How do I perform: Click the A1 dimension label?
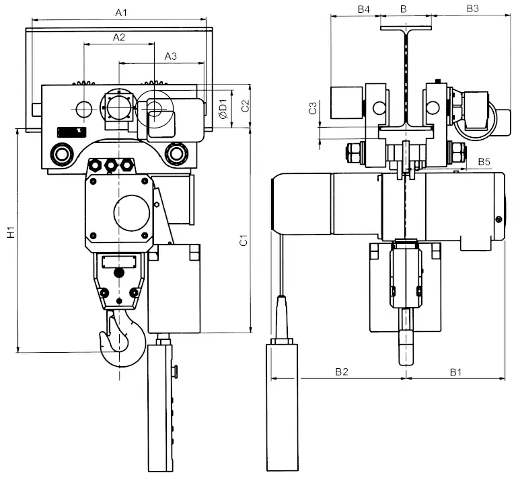coord(121,12)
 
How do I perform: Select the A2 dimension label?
coord(118,38)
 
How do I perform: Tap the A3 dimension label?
coord(171,57)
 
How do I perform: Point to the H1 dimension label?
coord(11,233)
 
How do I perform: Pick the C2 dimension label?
coord(246,105)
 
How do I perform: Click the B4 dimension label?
coord(364,9)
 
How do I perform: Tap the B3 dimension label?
coord(472,9)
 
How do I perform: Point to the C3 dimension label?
coord(312,108)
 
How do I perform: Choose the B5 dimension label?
coord(484,162)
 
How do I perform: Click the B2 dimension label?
coord(342,371)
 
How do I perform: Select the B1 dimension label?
coord(456,371)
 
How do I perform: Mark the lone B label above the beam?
coord(403,9)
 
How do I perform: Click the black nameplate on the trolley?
coord(71,132)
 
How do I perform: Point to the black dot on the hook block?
coord(120,273)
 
